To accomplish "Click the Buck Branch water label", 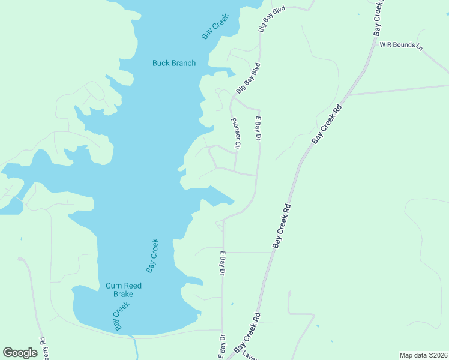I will (174, 63).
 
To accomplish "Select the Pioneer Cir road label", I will (237, 133).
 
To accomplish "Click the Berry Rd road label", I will (43, 347).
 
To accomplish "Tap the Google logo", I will (20, 353).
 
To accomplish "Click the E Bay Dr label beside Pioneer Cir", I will (258, 128).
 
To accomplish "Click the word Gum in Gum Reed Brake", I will (114, 286).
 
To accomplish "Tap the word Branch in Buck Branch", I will (182, 63).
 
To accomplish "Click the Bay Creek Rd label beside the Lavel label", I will (247, 334).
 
